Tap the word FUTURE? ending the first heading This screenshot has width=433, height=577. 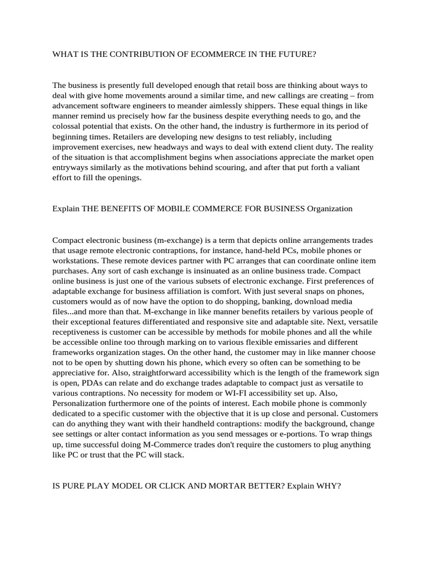(297, 54)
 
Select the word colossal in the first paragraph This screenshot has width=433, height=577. (67, 126)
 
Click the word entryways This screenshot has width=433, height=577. (70, 167)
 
